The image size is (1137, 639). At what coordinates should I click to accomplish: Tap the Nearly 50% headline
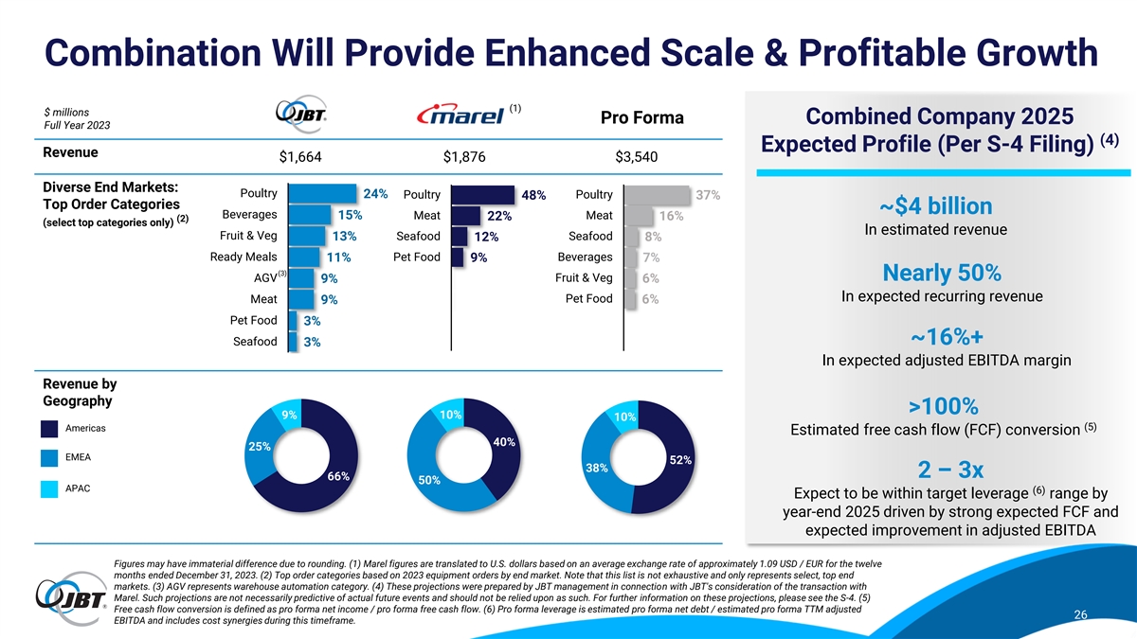point(936,274)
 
